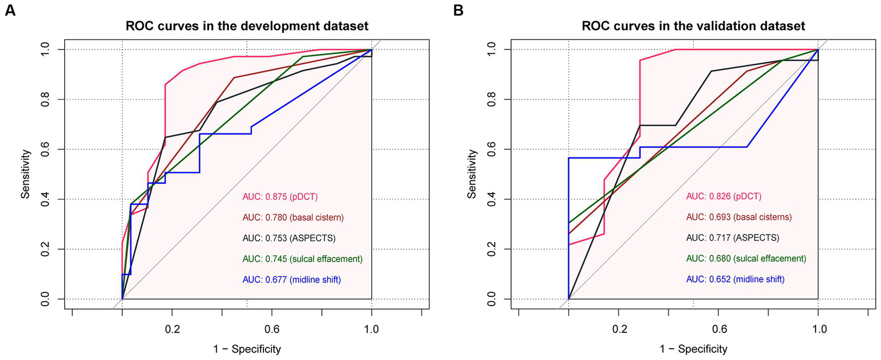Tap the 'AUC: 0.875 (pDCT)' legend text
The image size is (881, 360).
coord(280,196)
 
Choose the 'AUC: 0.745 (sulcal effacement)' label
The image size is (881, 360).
coord(302,258)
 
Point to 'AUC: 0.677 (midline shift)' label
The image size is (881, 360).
coord(295,279)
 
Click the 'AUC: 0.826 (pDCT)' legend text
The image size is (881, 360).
coord(723,196)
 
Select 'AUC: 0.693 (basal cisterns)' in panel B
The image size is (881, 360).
coord(739,217)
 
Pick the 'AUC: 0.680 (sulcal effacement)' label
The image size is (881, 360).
coord(746,258)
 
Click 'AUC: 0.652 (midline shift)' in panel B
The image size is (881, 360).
coord(735,279)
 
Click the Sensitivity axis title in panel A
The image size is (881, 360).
coord(25,175)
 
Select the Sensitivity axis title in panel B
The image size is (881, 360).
coord(472,175)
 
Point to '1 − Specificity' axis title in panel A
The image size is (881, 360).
coord(247,348)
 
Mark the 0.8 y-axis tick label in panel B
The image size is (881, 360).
coord(490,99)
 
